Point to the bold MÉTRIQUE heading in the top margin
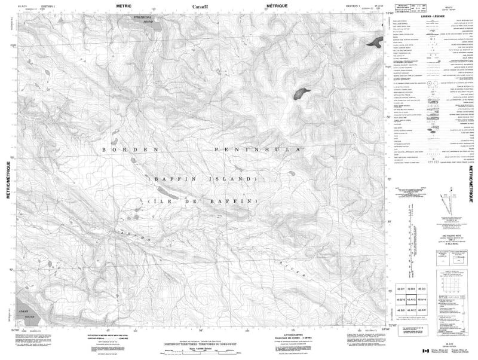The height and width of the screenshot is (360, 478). coord(280,6)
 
